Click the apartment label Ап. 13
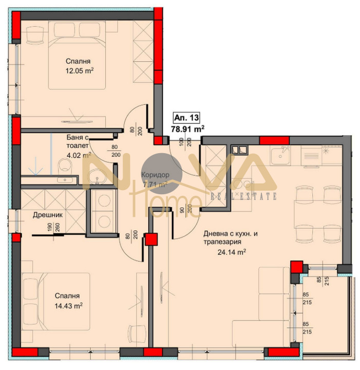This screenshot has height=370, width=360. click(x=183, y=117)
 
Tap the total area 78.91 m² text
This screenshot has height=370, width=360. click(x=187, y=128)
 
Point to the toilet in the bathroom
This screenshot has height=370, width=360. click(x=65, y=165)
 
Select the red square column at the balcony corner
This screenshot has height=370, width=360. click(x=296, y=267)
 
